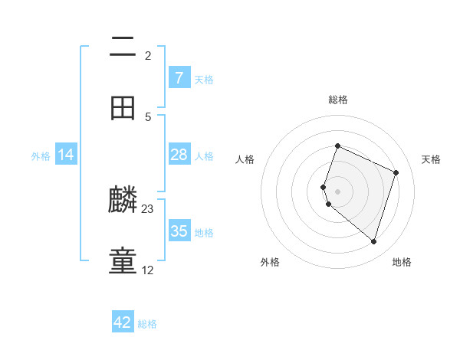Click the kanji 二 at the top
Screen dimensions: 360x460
coord(123,47)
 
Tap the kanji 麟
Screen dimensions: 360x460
coord(123,201)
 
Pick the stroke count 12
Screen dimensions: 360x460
coord(148,270)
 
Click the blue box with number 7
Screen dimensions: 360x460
coord(179,78)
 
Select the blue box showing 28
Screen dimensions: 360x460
coord(179,155)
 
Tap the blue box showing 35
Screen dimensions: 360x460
coord(179,231)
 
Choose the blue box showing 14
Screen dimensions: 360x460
coord(66,155)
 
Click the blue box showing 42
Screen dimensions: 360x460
coord(123,322)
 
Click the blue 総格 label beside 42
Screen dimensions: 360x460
coord(147,324)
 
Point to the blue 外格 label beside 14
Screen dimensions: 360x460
coord(41,156)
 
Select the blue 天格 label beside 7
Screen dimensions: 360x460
coord(204,80)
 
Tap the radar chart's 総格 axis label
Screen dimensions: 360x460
coord(337,100)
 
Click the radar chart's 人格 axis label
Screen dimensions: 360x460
coord(245,159)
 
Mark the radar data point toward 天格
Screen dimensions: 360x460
coord(396,172)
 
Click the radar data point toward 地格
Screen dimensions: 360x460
coord(373,242)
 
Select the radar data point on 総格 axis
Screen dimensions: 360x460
coord(337,146)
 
